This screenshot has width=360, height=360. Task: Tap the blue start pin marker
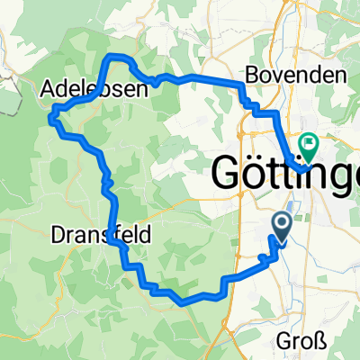(x=282, y=228)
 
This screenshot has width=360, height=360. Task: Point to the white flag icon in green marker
(x=310, y=141)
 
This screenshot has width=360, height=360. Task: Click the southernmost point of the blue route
(x=185, y=302)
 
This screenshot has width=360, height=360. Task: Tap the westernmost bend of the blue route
(x=53, y=112)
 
